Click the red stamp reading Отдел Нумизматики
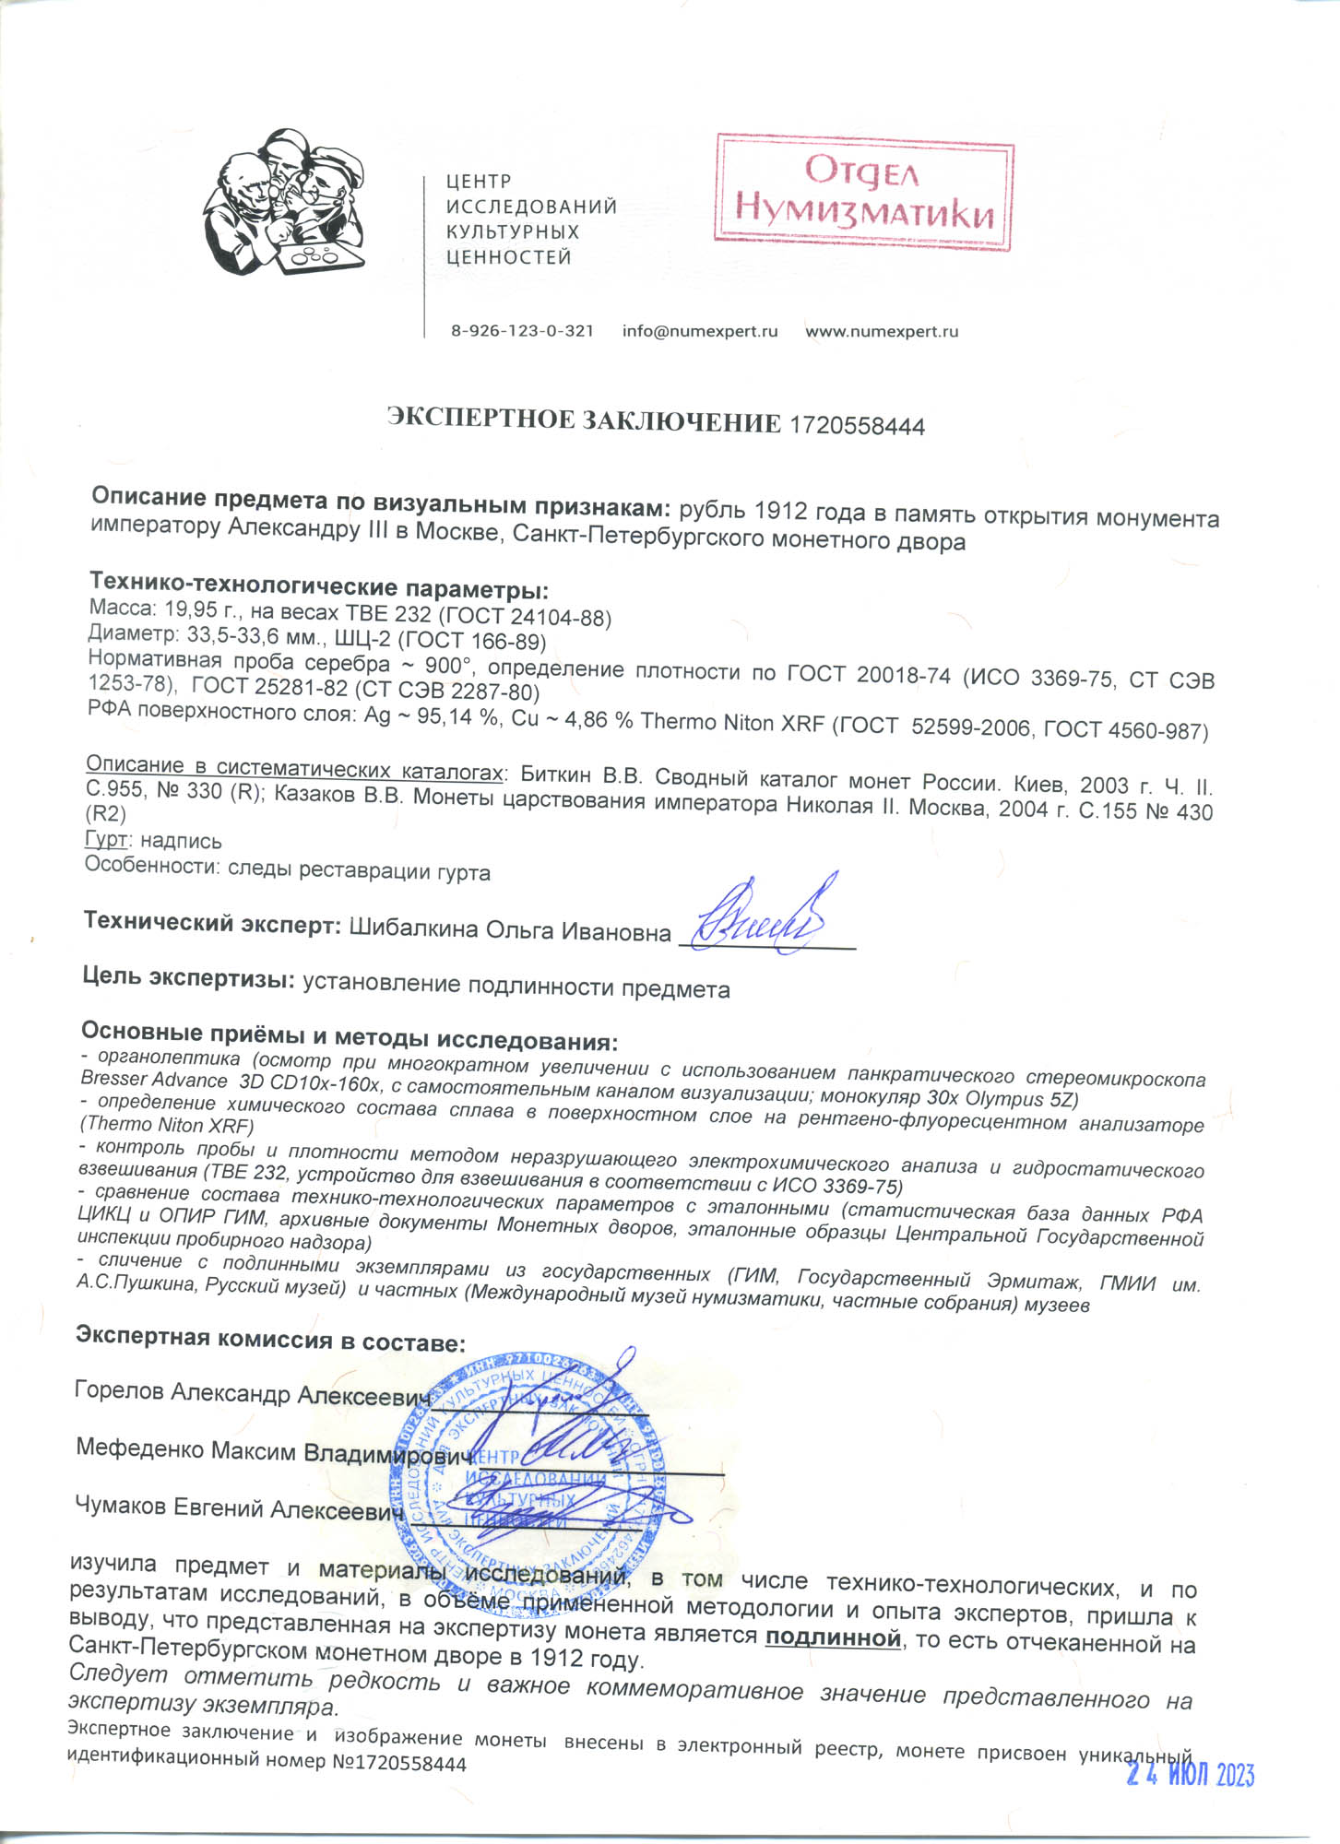864,193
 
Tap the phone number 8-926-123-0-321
522,331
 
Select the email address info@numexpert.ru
700,331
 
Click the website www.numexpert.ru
882,331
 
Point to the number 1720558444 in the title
858,426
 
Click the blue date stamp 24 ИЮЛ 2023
1190,1774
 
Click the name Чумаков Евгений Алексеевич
239,1508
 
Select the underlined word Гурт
105,840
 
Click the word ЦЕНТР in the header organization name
478,182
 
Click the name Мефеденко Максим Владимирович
274,1450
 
